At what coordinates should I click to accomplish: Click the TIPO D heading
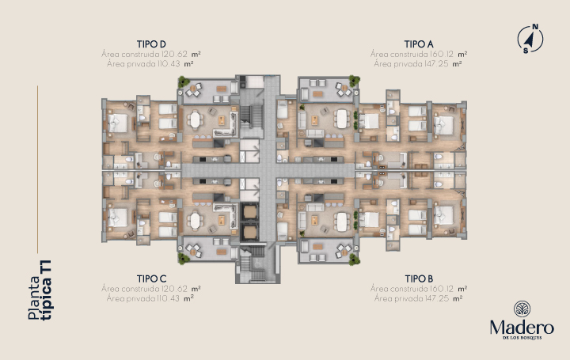pos(150,44)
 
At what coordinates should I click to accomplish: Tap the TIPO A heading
pos(419,44)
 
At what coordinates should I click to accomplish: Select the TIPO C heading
pos(150,279)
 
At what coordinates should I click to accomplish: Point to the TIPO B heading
pos(419,279)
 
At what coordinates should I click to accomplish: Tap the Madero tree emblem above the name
pos(522,309)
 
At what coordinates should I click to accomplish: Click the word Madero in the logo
pos(522,327)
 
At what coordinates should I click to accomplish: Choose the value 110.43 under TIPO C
pos(165,298)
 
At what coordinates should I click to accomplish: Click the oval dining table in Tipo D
pos(195,120)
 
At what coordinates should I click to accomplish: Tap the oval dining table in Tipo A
pos(341,119)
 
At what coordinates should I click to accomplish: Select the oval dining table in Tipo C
pos(195,218)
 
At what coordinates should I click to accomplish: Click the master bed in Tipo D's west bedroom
pos(118,122)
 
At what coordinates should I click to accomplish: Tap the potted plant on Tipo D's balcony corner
pos(184,81)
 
